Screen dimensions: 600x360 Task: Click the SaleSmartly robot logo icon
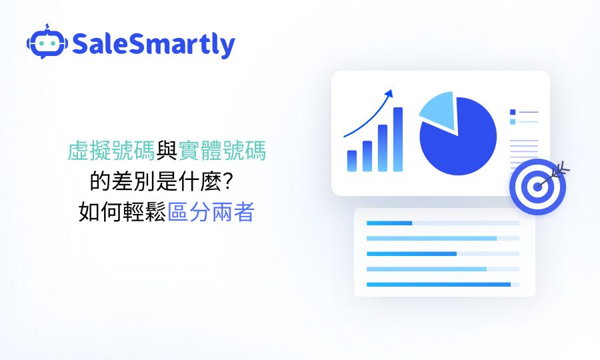[47, 42]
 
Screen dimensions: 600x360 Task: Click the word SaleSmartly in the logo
[153, 45]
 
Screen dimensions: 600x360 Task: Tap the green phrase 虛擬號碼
[111, 151]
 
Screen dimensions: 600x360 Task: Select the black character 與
[167, 151]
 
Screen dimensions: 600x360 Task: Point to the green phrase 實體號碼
[222, 151]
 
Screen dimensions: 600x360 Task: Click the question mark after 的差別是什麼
[228, 181]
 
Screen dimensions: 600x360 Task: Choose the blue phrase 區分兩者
[211, 212]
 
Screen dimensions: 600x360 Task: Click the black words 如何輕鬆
[123, 212]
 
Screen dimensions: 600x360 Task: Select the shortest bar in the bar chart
[351, 161]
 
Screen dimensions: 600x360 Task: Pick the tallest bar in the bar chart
[398, 139]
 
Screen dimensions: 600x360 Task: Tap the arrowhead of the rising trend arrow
[389, 94]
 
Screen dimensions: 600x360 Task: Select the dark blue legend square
[513, 112]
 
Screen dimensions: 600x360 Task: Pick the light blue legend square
[513, 121]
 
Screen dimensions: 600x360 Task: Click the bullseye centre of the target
[537, 187]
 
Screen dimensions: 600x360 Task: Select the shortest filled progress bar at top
[389, 223]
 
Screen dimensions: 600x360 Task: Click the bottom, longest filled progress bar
[439, 284]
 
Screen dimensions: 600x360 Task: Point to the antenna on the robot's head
[47, 27]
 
